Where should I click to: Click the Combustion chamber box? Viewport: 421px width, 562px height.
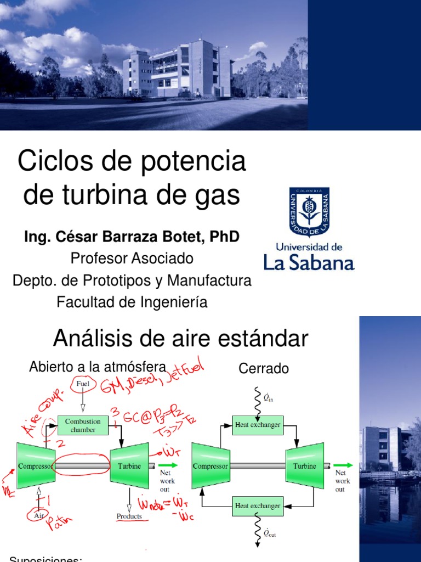coord(83,425)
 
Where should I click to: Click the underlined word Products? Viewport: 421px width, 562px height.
coord(129,516)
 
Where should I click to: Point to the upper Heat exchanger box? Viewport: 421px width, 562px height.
coord(258,424)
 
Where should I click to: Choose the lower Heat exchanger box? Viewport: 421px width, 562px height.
coord(258,505)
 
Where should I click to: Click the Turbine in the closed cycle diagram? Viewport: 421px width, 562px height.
coord(304,466)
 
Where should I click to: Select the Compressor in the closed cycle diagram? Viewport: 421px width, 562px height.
coord(210,466)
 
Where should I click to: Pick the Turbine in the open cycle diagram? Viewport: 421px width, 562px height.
coord(129,466)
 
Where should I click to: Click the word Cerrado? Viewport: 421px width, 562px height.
coord(264,369)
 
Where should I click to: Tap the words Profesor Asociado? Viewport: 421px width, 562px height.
coord(132,258)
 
